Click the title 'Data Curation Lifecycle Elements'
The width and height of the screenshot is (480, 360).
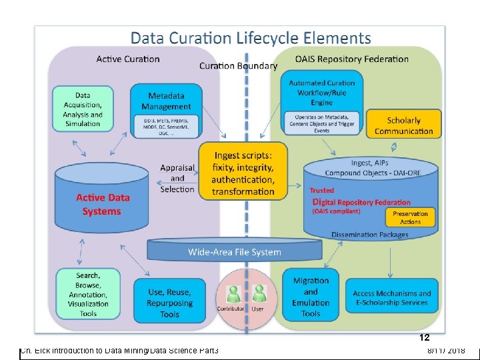pyautogui.click(x=250, y=39)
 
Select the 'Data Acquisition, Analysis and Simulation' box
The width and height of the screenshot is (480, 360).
pyautogui.click(x=83, y=109)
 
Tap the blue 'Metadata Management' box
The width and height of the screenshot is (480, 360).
pyautogui.click(x=166, y=109)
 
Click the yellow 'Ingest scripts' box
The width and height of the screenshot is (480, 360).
pyautogui.click(x=243, y=171)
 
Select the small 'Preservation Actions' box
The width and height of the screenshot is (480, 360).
pyautogui.click(x=410, y=217)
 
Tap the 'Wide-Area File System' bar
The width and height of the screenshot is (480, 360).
pyautogui.click(x=235, y=252)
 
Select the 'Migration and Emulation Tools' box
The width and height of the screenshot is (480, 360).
pyautogui.click(x=311, y=297)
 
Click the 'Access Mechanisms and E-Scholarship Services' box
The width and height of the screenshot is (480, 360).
pyautogui.click(x=391, y=297)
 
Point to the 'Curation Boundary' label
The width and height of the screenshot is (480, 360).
pyautogui.click(x=238, y=66)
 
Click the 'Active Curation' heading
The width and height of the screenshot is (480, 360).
pyautogui.click(x=128, y=59)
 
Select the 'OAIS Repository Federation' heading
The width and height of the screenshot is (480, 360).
pyautogui.click(x=351, y=59)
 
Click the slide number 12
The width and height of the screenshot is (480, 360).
pyautogui.click(x=424, y=338)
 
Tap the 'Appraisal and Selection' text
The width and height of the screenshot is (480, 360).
pyautogui.click(x=177, y=178)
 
